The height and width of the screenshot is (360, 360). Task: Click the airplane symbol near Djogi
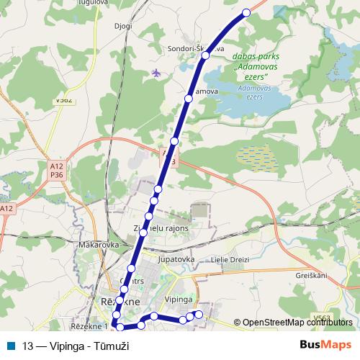pos(157,73)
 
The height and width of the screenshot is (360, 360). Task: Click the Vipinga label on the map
pos(179,298)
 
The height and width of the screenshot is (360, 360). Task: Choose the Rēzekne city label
pos(108,302)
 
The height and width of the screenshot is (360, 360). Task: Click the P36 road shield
pos(56,174)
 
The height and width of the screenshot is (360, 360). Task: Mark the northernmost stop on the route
pos(246,12)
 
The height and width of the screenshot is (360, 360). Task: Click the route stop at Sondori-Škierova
pos(205,55)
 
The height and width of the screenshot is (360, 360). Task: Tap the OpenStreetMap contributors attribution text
pos(297,323)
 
